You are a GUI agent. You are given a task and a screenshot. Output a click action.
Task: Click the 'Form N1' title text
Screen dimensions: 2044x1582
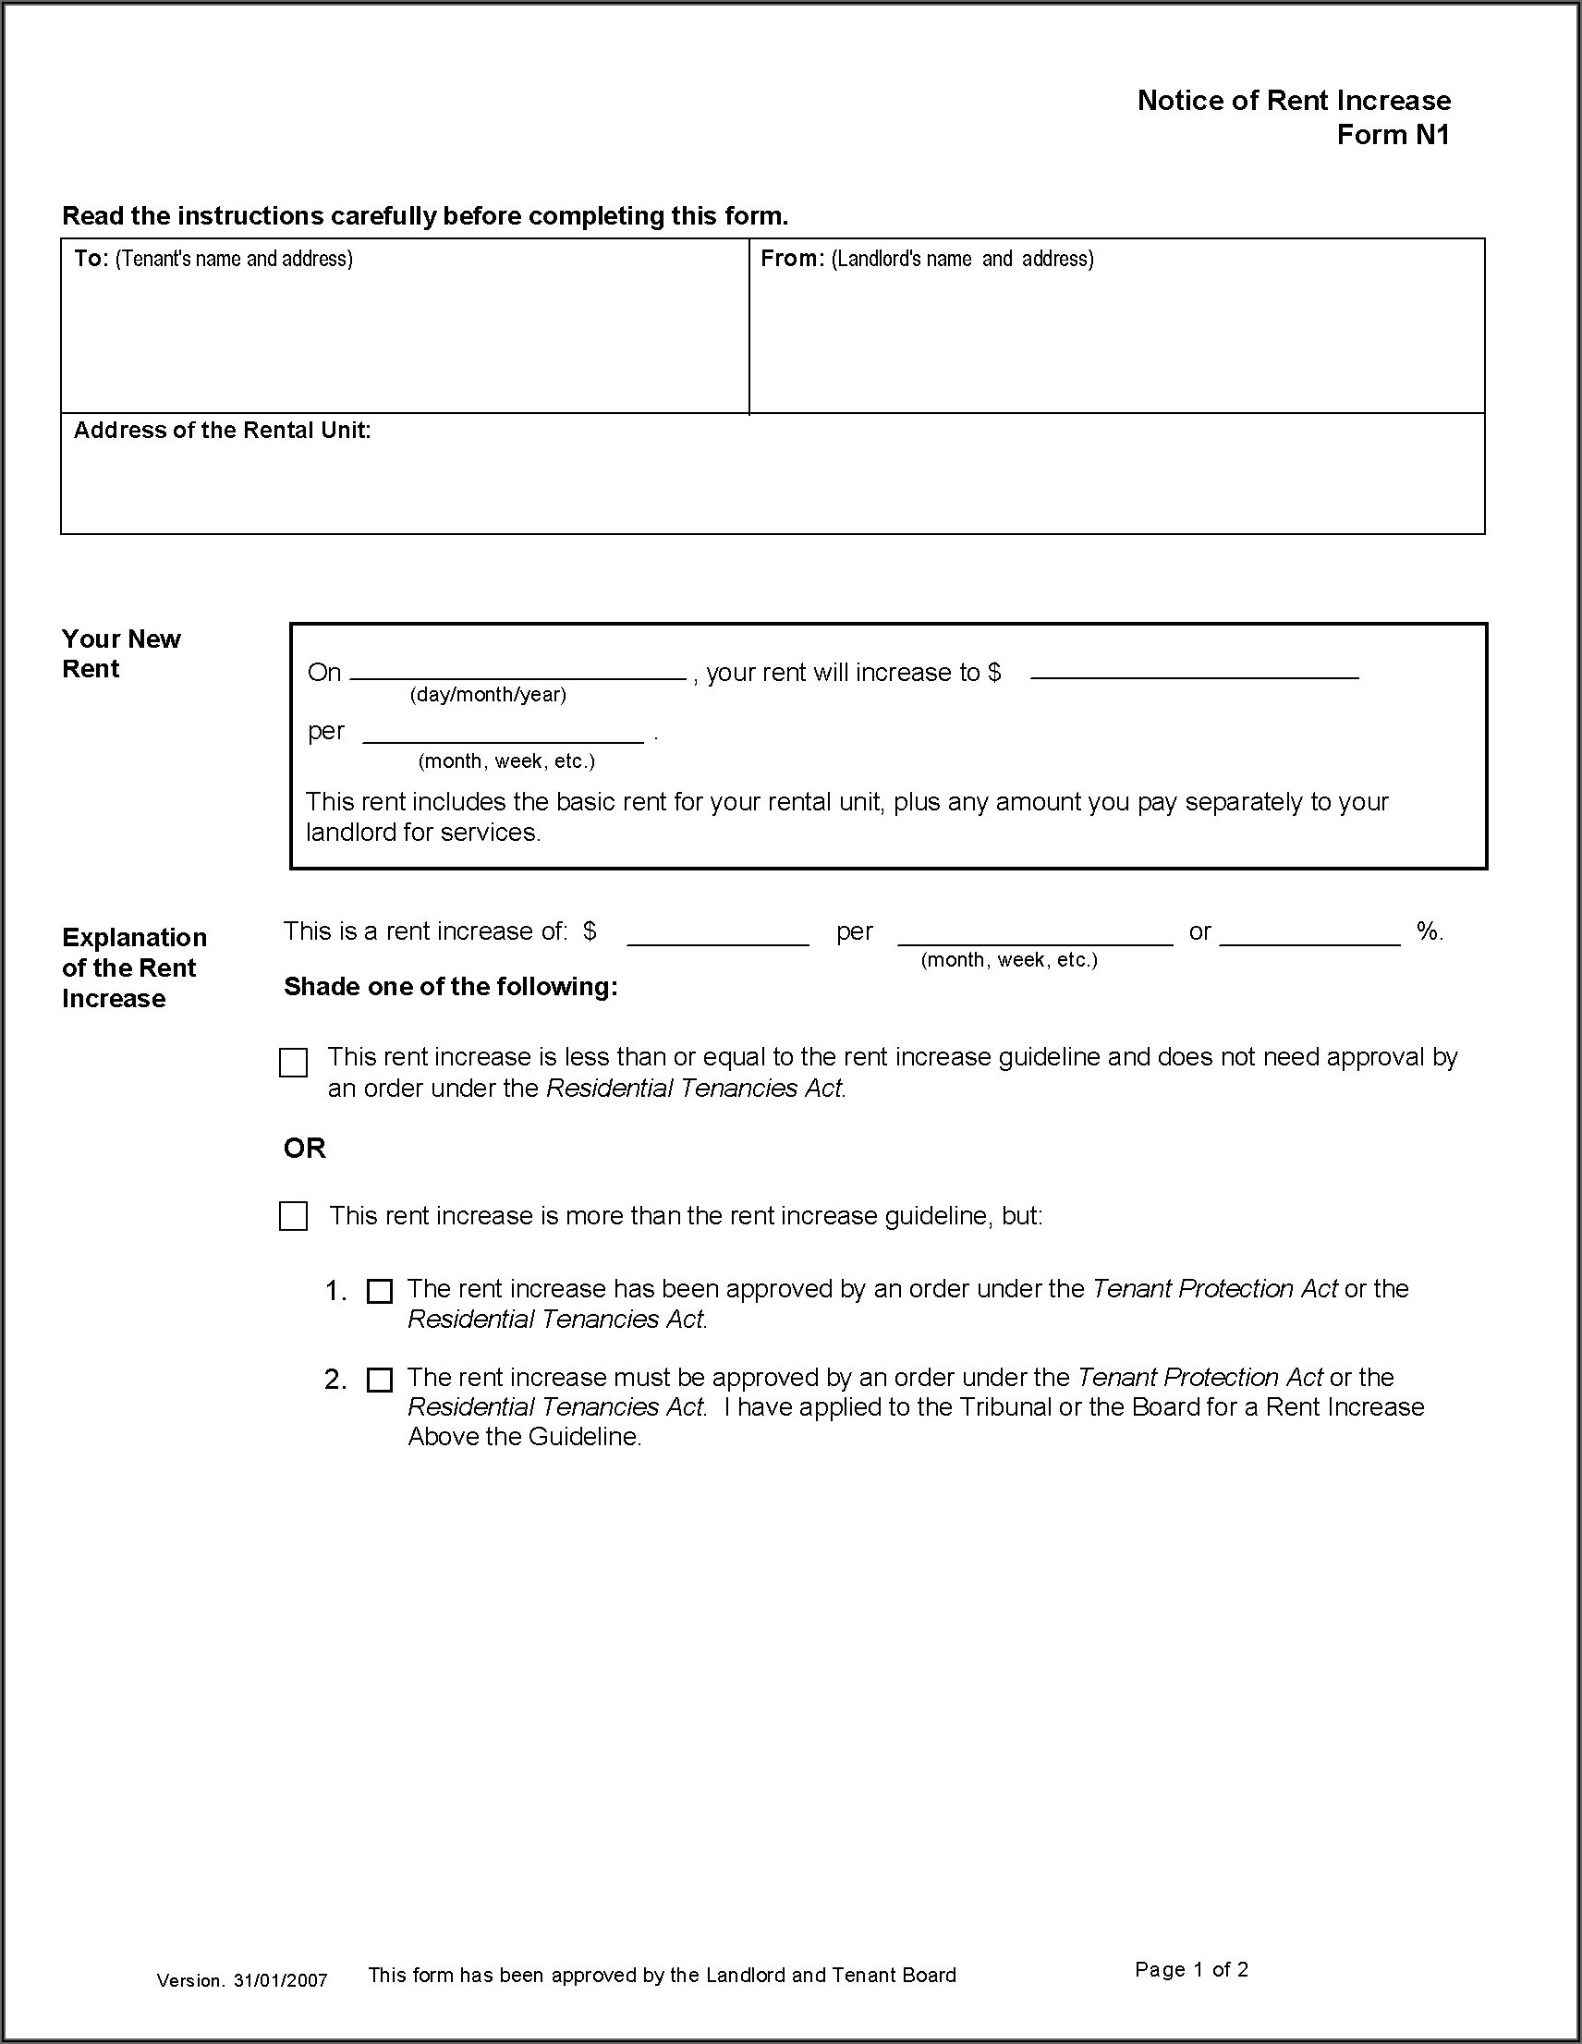pyautogui.click(x=1393, y=135)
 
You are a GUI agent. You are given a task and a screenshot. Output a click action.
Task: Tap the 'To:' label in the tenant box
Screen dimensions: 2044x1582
pyautogui.click(x=91, y=259)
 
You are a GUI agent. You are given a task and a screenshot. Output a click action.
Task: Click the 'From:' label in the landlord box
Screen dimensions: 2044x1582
pyautogui.click(x=792, y=259)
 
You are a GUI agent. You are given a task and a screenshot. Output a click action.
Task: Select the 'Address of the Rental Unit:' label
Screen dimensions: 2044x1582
pyautogui.click(x=222, y=430)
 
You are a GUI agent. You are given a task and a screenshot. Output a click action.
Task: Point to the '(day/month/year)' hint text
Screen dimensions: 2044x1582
pyautogui.click(x=488, y=695)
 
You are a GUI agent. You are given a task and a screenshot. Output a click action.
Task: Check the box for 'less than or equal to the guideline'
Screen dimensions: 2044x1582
pyautogui.click(x=293, y=1063)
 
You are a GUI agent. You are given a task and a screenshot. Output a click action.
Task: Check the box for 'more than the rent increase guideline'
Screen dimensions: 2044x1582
pyautogui.click(x=293, y=1216)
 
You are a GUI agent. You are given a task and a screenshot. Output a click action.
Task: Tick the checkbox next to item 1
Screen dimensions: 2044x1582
pyautogui.click(x=379, y=1292)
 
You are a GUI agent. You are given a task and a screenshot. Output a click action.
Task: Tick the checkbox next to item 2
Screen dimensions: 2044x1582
pyautogui.click(x=379, y=1380)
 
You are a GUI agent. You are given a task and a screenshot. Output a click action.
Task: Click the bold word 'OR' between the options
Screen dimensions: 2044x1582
pyautogui.click(x=304, y=1148)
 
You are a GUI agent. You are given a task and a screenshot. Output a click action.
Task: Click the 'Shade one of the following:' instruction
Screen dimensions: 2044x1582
pyautogui.click(x=450, y=987)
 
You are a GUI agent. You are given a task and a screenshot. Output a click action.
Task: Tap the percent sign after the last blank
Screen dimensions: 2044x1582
pyautogui.click(x=1429, y=931)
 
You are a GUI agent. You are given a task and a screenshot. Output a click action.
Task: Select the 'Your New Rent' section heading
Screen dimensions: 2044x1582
pyautogui.click(x=121, y=653)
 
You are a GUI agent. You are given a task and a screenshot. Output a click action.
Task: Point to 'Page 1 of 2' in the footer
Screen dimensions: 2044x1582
pyautogui.click(x=1192, y=1969)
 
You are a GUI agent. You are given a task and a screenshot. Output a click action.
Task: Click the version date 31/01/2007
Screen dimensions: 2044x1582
pyautogui.click(x=281, y=1980)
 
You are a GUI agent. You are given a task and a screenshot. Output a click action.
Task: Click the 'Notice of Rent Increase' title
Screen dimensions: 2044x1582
pyautogui.click(x=1294, y=100)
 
